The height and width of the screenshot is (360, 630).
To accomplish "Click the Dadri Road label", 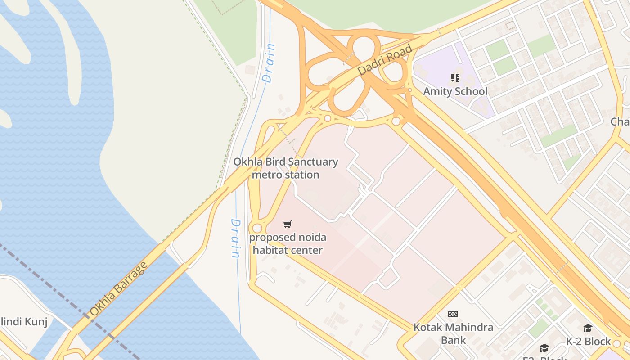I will point(385,60).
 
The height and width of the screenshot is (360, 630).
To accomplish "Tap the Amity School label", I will point(455,91).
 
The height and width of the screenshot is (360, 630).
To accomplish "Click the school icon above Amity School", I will point(455,78).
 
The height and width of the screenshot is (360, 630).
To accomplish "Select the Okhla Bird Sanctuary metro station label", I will point(286,168).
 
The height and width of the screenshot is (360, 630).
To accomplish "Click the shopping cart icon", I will point(288,224).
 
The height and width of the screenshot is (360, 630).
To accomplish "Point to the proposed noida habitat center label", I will point(288,243).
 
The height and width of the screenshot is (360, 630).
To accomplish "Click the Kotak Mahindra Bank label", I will point(453,333).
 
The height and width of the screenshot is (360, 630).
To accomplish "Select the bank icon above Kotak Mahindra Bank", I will point(453,314).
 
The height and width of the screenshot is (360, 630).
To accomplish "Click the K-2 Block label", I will point(588,342).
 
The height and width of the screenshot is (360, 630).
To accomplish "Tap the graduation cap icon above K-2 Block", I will point(588,328).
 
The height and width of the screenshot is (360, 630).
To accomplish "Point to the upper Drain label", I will point(269,63).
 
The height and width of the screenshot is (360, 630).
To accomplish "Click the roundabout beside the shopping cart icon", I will point(257,228).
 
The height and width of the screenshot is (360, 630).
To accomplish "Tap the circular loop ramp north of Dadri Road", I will point(364,47).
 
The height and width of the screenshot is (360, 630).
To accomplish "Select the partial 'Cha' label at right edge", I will point(620,121).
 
